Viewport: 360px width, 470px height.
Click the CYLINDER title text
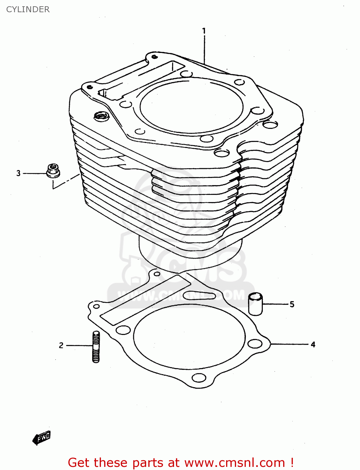28,9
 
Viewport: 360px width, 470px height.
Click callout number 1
204,31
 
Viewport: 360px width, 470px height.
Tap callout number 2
61,345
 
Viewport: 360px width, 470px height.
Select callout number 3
19,173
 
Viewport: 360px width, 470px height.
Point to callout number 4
313,344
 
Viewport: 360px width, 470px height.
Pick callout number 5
292,304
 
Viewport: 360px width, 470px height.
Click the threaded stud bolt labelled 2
96,347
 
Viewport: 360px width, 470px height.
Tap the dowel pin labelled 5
255,304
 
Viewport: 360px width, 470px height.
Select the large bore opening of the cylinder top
191,105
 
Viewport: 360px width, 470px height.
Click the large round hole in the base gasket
189,337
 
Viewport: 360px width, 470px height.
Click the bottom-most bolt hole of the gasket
199,378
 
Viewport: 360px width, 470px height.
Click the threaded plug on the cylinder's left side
101,116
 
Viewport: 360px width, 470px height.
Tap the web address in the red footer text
235,462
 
